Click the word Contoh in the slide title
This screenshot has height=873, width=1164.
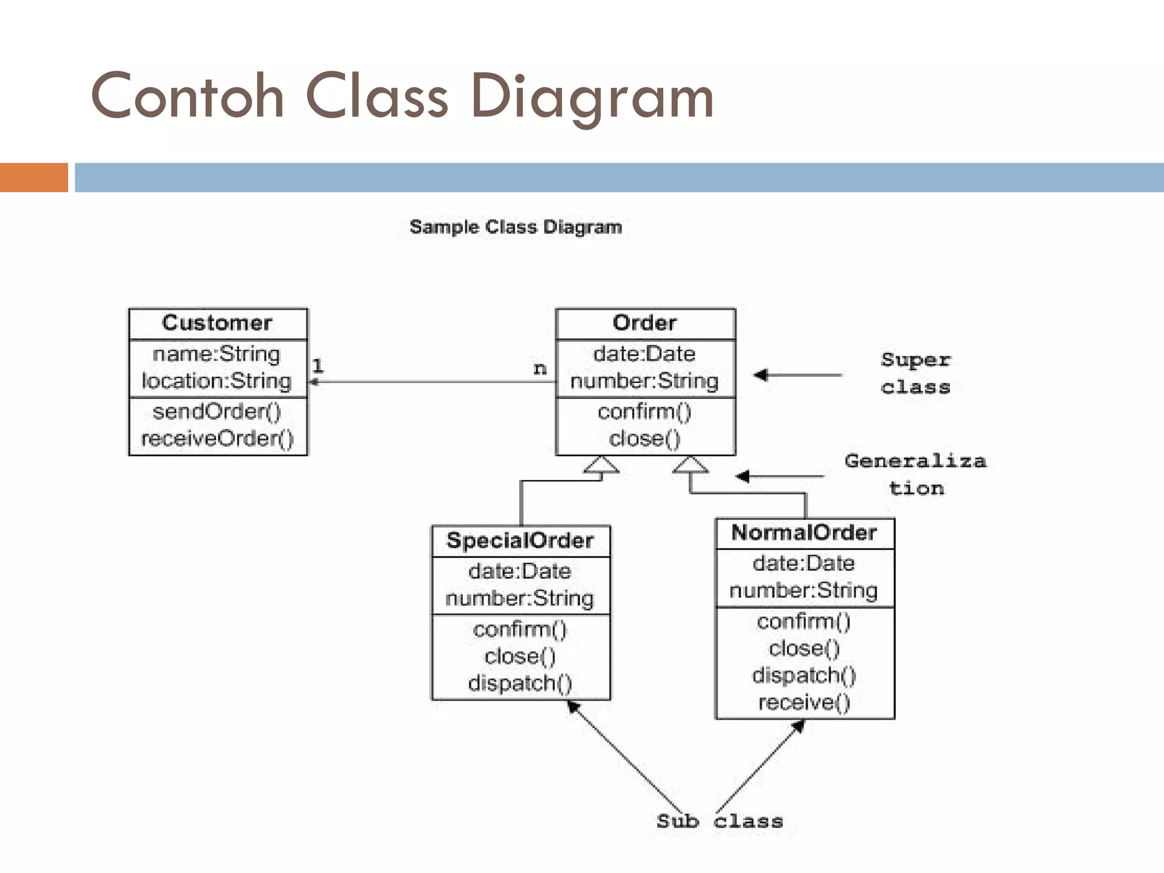(187, 97)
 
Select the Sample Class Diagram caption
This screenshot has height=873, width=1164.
(516, 227)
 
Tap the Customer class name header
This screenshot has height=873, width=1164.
(217, 323)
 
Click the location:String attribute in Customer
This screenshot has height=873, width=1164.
(217, 381)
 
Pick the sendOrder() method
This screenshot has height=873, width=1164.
(217, 411)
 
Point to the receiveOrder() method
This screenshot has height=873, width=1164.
(217, 438)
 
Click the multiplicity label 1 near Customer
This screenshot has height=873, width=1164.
(318, 366)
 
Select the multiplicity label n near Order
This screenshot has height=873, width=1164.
(540, 369)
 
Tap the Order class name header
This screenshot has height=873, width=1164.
(645, 323)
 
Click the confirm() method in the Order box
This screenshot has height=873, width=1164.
(645, 411)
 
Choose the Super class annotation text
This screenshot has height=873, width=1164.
(915, 373)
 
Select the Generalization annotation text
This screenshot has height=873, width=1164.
(915, 474)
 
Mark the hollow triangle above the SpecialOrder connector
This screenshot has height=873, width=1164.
(601, 465)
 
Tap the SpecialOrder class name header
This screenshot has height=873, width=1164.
(520, 541)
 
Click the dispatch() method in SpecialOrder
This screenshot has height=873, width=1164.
(520, 683)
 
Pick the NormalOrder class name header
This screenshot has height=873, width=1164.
(804, 533)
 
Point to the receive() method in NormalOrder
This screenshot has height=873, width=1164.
(804, 702)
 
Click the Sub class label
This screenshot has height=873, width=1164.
(720, 821)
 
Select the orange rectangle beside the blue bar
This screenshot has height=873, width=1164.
(34, 177)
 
